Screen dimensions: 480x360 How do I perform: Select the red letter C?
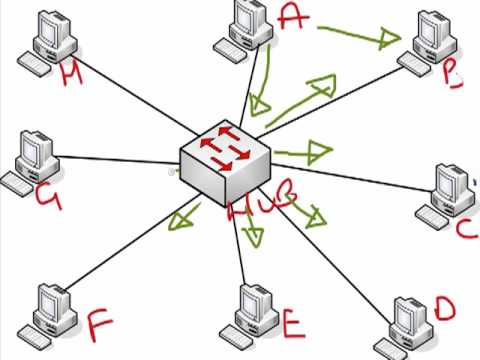(x=466, y=229)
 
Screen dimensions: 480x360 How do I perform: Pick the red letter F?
(x=98, y=325)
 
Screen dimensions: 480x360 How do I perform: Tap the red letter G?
(x=47, y=197)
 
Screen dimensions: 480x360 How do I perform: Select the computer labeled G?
(x=32, y=158)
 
